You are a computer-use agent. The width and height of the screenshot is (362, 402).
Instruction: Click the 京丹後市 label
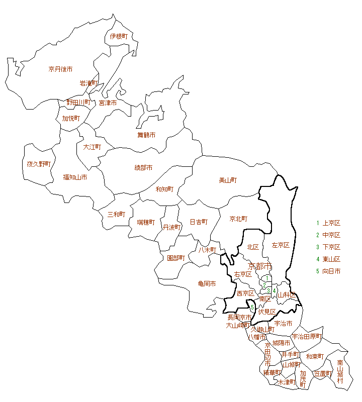60,69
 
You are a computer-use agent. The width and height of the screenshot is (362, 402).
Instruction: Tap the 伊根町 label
119,36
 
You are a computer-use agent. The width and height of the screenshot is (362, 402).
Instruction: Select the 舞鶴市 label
146,135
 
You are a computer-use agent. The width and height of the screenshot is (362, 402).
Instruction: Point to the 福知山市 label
75,177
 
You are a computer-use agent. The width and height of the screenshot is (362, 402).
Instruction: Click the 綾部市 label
143,167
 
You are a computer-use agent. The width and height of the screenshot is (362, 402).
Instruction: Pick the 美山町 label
228,180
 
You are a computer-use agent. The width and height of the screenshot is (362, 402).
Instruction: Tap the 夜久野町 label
39,164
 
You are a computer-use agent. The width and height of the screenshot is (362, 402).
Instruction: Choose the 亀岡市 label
207,284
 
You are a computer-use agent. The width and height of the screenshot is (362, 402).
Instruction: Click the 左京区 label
281,245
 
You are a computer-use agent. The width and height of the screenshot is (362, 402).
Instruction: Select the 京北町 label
238,219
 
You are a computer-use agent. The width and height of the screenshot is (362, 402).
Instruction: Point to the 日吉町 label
199,222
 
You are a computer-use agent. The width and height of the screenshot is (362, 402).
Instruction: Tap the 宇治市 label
283,324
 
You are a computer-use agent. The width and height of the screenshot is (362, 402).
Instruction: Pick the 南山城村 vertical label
340,371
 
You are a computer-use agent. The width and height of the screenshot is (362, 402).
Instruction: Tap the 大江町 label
92,147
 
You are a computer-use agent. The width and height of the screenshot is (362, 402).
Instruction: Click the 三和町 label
116,214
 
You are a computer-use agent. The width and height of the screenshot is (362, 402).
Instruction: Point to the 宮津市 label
108,103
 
